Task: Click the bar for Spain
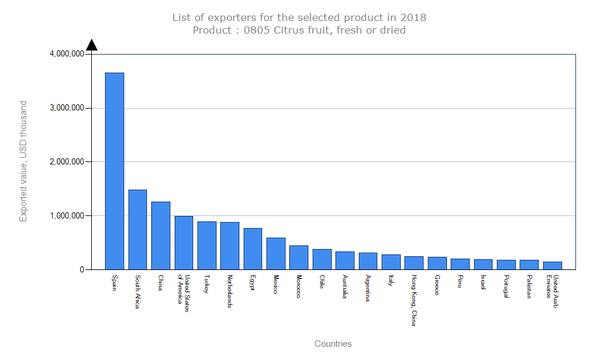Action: [x=115, y=171]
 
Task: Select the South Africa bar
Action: [x=137, y=229]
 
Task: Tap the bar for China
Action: [x=161, y=235]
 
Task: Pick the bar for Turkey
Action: [x=207, y=245]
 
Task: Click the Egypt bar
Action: [x=253, y=248]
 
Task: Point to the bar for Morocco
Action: [x=299, y=257]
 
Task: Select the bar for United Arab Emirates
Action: [x=553, y=265]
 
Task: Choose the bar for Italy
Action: [x=391, y=262]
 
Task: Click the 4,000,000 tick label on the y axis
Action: [x=67, y=54]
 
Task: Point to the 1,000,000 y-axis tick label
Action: [x=67, y=215]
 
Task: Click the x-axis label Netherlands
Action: [x=230, y=292]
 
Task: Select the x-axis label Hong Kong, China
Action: [x=414, y=301]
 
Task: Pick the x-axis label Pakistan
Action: [x=529, y=287]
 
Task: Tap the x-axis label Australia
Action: [x=345, y=287]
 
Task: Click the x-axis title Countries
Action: [x=333, y=344]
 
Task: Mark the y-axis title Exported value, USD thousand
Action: [x=23, y=162]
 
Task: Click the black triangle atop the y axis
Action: [x=91, y=45]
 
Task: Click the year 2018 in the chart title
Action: [x=415, y=17]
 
